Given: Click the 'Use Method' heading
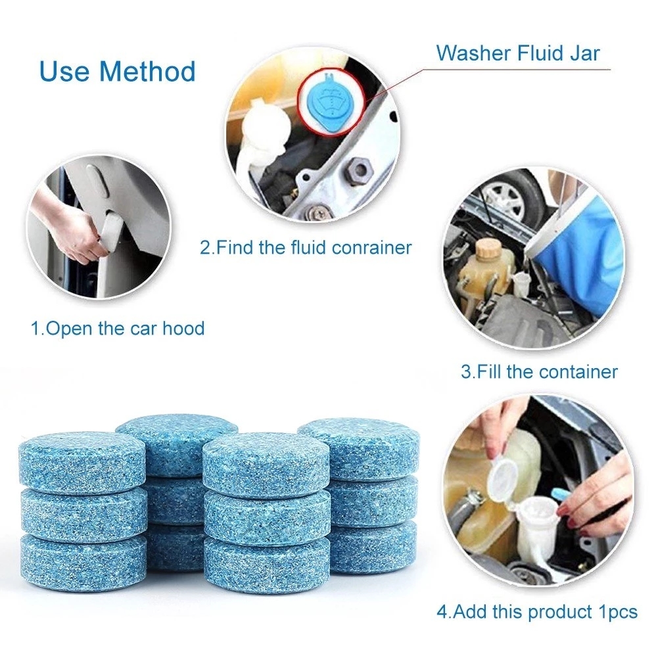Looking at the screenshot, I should coord(118,71).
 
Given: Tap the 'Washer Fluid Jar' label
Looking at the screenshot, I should coord(518,53).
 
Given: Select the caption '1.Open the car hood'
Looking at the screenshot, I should coord(118,328).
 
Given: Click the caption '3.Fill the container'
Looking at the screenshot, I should coord(539,371).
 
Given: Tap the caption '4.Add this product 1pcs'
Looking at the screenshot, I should coord(537,611).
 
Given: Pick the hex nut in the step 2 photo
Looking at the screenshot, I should coord(359,172).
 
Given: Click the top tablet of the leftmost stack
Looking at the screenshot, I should coord(83,460).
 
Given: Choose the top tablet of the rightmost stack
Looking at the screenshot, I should coord(358,447).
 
